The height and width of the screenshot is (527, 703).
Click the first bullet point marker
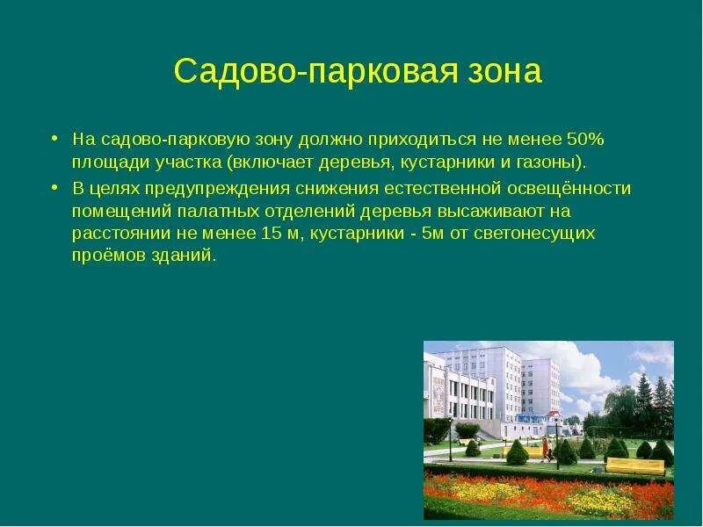[x=54, y=139]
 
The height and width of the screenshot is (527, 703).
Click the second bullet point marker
[x=54, y=188]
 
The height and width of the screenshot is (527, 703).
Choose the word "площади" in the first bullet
[x=104, y=163]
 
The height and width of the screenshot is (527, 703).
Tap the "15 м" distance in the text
[x=282, y=235]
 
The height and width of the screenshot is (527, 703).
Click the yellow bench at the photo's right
[x=634, y=464]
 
